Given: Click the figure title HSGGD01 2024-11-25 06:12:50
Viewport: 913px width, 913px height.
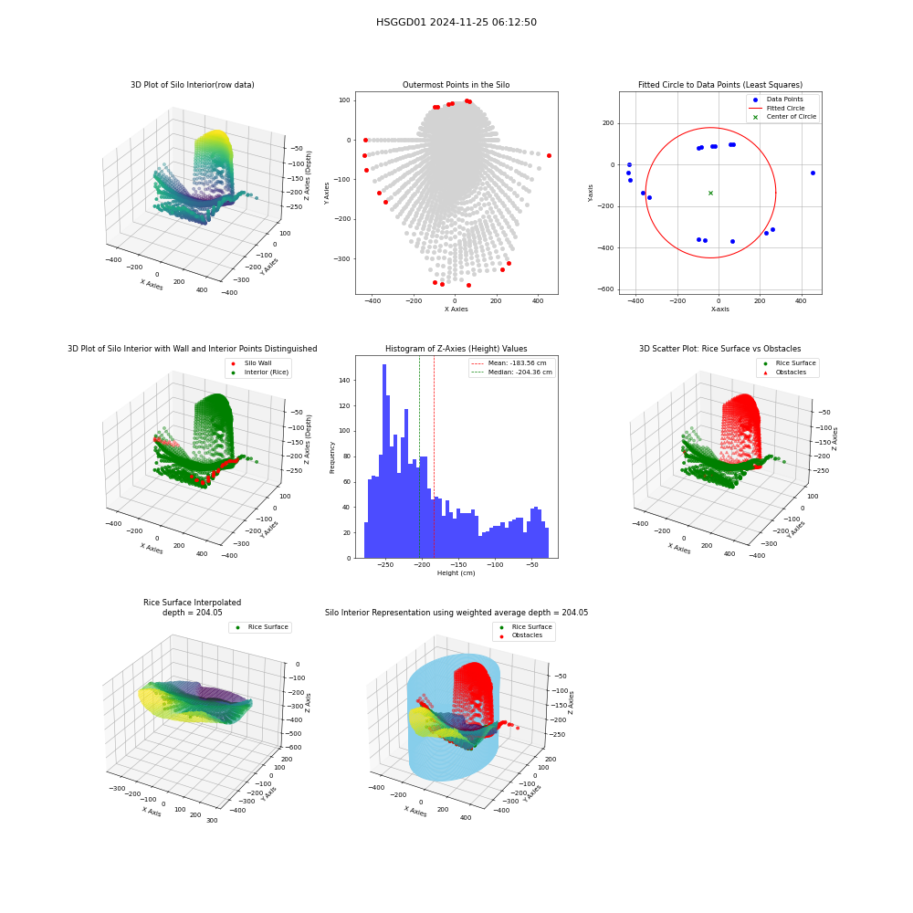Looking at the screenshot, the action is pos(456,22).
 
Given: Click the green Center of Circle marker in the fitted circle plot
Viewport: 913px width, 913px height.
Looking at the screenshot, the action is pos(710,193).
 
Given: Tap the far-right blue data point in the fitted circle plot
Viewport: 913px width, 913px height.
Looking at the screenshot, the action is pos(813,173).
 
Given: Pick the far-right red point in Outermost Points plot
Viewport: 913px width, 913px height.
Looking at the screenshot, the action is pos(549,155).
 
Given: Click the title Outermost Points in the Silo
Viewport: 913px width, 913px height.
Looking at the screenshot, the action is pos(456,84).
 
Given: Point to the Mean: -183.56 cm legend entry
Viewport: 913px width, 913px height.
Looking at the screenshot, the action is pos(509,362).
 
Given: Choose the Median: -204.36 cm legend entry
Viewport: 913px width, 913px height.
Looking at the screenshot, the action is pos(512,373).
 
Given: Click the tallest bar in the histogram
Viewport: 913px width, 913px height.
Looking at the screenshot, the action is pos(384,461).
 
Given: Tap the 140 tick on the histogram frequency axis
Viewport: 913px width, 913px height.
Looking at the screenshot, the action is pos(345,380).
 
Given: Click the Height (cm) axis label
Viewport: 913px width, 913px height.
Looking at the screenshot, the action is pos(456,573).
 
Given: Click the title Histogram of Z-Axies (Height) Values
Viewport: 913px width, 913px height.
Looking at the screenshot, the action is pos(456,348).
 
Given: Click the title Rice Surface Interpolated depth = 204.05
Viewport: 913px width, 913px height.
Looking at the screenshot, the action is pos(192,607).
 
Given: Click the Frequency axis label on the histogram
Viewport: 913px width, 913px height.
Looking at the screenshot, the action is pos(332,457).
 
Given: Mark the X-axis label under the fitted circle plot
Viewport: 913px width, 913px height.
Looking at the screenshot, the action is pos(719,310).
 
